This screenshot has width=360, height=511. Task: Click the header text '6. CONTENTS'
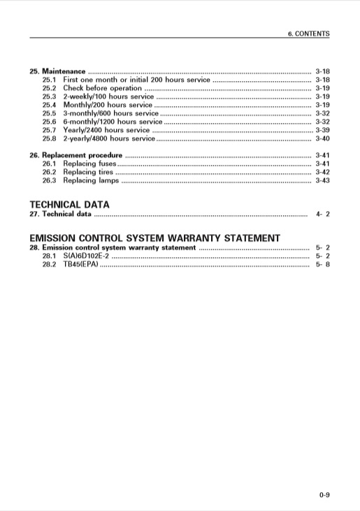[309, 34]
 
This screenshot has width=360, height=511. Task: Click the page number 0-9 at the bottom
[324, 496]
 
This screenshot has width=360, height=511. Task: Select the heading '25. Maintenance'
[57, 71]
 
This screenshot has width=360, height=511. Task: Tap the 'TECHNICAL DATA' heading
[69, 205]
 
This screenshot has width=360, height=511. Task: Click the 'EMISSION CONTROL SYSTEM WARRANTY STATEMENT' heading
[154, 238]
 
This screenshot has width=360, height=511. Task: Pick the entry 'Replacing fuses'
[89, 164]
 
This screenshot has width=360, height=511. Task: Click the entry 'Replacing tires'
[87, 172]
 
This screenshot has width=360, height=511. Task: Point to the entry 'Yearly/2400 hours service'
[106, 130]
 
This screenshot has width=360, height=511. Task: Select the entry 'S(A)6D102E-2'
[86, 257]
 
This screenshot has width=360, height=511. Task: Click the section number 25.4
[49, 105]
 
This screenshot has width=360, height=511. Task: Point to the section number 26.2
[49, 172]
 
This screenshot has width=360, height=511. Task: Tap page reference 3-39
[322, 130]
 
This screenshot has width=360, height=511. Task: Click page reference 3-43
[322, 180]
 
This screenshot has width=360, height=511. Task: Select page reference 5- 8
[322, 265]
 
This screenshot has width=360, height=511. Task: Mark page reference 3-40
[322, 138]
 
